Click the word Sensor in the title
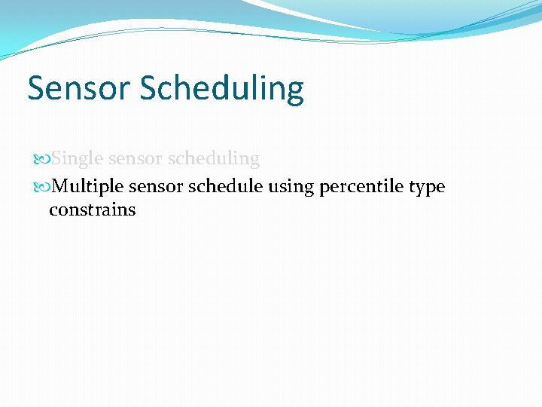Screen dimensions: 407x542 [x=80, y=88]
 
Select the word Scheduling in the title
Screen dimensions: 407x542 [x=221, y=90]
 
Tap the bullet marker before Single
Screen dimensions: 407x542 [x=41, y=160]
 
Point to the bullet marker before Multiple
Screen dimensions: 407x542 [x=41, y=186]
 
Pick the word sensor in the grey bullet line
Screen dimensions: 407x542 [x=137, y=160]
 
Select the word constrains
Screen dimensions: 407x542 [x=92, y=210]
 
